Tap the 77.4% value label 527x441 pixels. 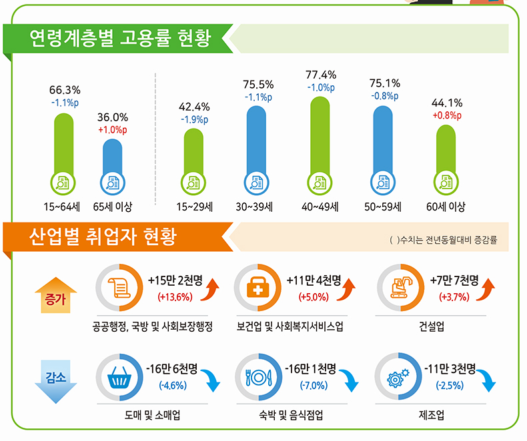pyautogui.click(x=321, y=75)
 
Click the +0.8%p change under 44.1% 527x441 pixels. pyautogui.click(x=447, y=115)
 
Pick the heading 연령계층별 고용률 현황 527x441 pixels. pyautogui.click(x=120, y=39)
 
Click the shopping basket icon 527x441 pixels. pyautogui.click(x=119, y=379)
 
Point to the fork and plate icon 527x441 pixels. pyautogui.click(x=259, y=379)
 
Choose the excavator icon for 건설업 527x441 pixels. pyautogui.click(x=400, y=288)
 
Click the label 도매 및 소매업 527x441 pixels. pyautogui.click(x=152, y=416)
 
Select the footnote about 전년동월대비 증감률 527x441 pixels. pyautogui.click(x=444, y=238)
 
